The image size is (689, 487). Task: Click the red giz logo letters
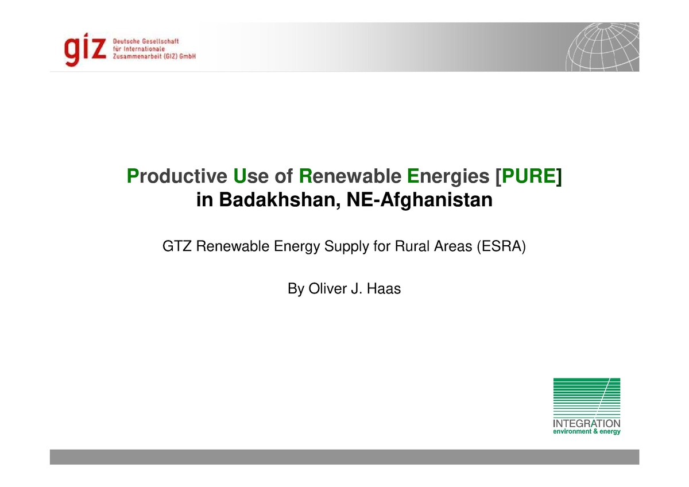coord(86,48)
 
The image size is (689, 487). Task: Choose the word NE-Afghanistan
coord(420,200)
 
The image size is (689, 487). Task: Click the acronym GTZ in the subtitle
coord(177,248)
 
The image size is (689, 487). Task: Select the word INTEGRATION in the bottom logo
coord(586,424)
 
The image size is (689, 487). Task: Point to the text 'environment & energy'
coord(586,432)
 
